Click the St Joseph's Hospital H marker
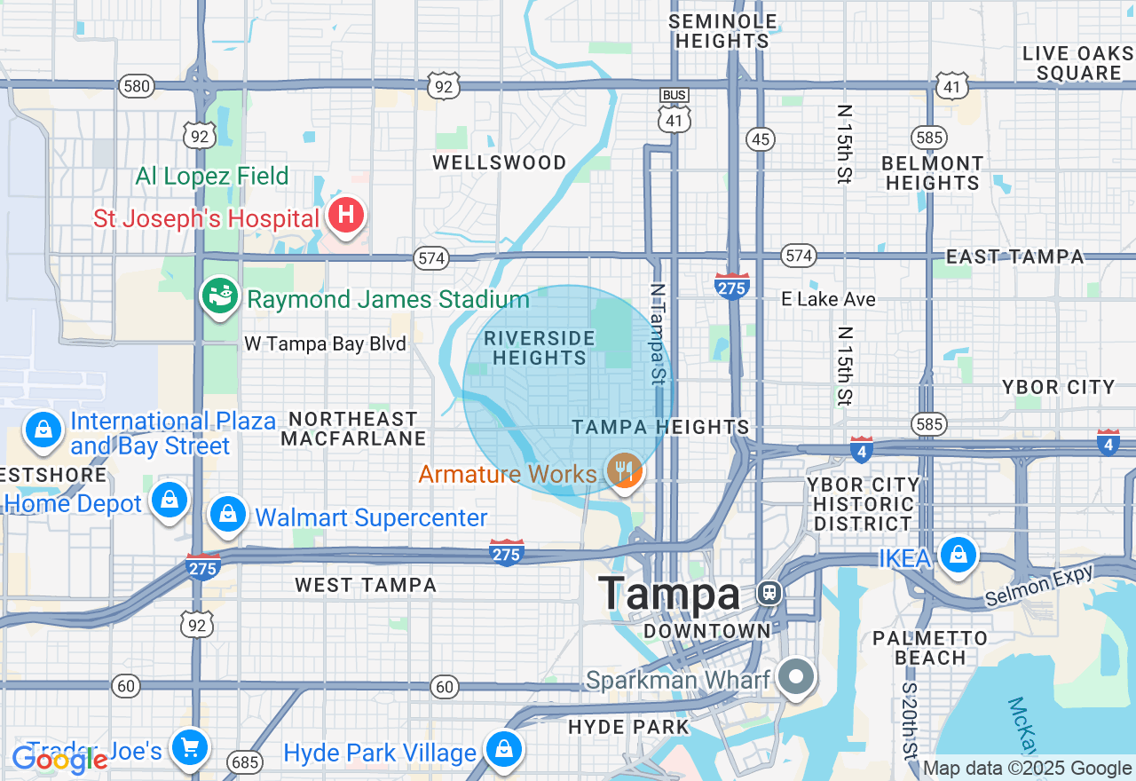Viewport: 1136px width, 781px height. (x=346, y=215)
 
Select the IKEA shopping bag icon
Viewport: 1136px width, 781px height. (x=958, y=555)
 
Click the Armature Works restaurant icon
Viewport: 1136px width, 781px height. (x=625, y=469)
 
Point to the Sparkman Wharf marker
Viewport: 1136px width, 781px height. (x=796, y=677)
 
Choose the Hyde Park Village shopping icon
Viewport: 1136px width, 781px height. (x=504, y=748)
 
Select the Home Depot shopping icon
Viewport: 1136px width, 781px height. (x=169, y=500)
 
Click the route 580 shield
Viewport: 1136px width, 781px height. (x=138, y=86)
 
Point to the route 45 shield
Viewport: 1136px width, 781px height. (x=761, y=138)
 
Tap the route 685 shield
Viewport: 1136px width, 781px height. (x=243, y=761)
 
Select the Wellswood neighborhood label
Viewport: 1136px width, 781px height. (x=499, y=162)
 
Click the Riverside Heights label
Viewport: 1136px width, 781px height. (x=540, y=348)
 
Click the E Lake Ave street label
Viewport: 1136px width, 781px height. (x=828, y=299)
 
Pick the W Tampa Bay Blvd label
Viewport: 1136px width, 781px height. (x=325, y=344)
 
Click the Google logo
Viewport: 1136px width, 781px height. (x=59, y=760)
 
